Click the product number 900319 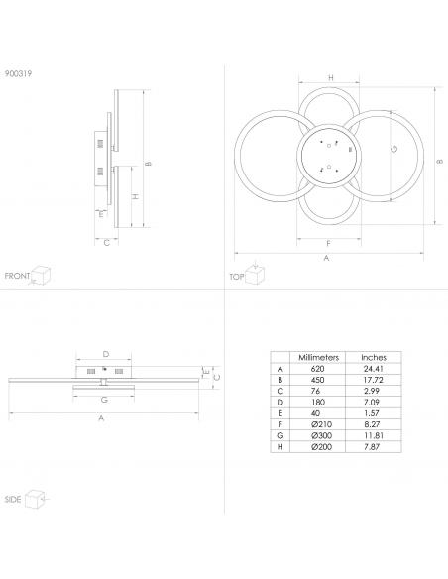[18, 73]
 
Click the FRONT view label [17, 276]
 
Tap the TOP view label [237, 277]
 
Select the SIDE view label [13, 500]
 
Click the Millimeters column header [318, 358]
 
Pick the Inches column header [374, 358]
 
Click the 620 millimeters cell [318, 369]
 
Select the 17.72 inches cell [373, 380]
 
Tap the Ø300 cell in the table [321, 435]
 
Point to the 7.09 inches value [372, 403]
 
